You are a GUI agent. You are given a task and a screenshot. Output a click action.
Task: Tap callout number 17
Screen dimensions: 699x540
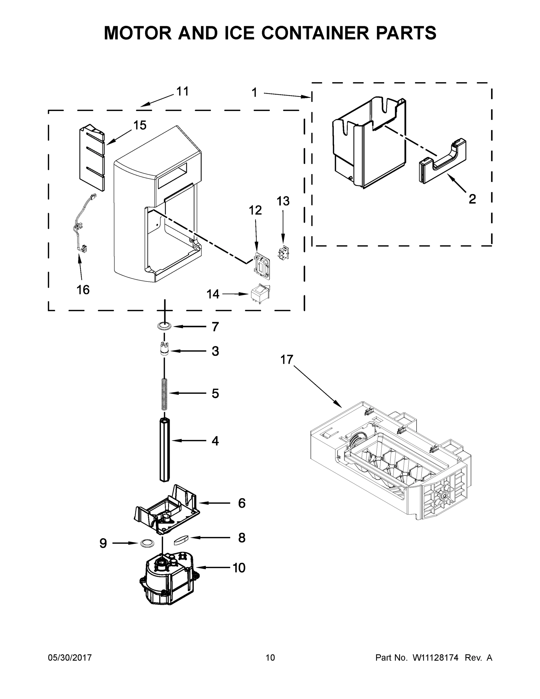tap(286, 359)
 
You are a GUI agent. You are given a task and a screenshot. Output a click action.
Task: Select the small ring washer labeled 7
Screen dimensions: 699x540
tap(164, 326)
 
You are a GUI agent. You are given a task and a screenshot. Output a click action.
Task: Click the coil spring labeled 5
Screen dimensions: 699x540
tap(164, 394)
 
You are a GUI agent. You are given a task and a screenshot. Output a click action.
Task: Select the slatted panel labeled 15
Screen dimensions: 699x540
tap(92, 158)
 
